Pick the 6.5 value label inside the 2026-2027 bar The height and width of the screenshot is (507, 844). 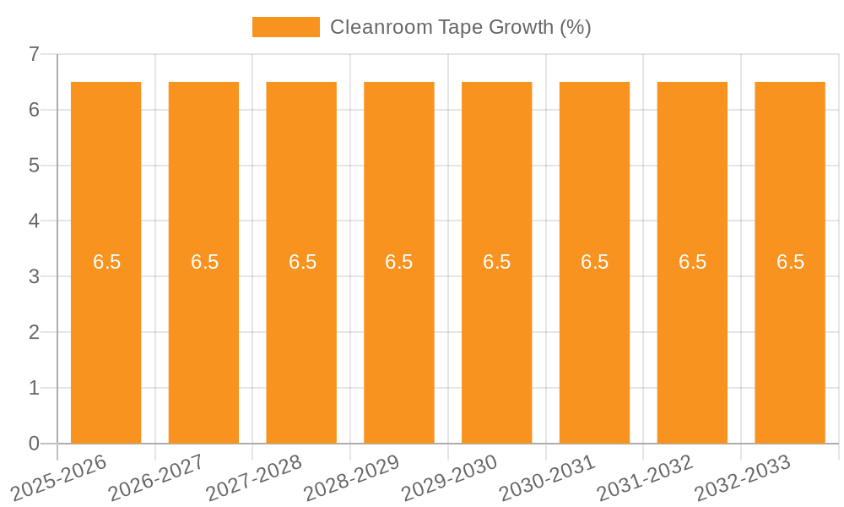[x=204, y=262]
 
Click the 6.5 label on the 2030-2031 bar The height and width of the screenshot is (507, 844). [x=594, y=262]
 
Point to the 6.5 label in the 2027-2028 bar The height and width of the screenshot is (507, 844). [x=302, y=262]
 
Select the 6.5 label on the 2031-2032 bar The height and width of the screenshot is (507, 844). [x=692, y=262]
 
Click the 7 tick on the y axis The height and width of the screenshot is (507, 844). [x=34, y=55]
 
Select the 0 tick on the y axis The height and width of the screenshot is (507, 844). [x=34, y=444]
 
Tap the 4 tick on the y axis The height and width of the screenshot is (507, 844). [x=34, y=221]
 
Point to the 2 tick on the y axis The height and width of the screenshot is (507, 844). [x=34, y=332]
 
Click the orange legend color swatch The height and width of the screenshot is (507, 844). [x=286, y=27]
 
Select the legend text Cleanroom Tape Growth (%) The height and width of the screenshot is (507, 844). [x=460, y=27]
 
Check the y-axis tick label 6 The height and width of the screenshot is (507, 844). [x=34, y=110]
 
